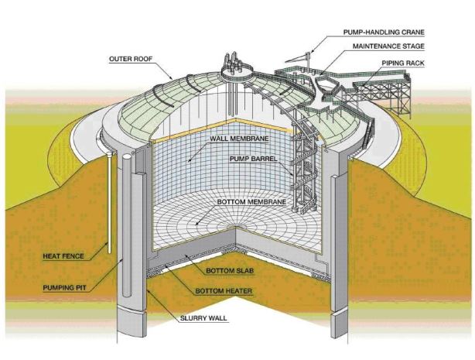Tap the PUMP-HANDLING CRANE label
[x=384, y=34]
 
